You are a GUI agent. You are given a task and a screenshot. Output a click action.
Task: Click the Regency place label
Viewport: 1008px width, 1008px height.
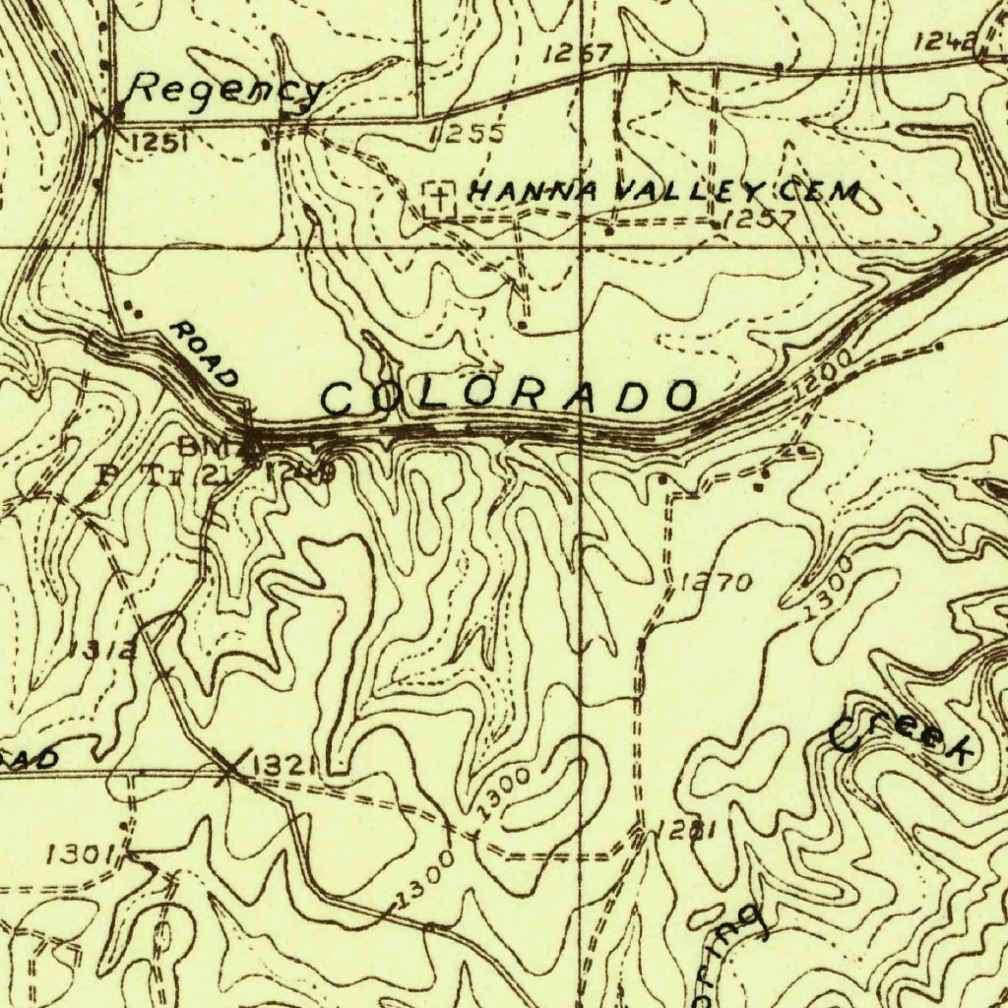click(x=226, y=91)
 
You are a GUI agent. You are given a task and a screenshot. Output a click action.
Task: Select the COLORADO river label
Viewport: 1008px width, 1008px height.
click(x=510, y=397)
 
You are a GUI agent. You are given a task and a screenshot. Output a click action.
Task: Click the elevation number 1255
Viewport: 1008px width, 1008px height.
click(x=469, y=134)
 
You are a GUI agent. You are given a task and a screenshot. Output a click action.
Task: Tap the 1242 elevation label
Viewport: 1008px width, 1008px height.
click(x=946, y=41)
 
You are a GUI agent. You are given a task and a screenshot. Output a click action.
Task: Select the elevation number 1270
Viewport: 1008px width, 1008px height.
click(x=717, y=583)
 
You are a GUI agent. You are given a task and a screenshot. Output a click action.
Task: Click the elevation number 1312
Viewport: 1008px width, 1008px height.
click(x=103, y=650)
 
